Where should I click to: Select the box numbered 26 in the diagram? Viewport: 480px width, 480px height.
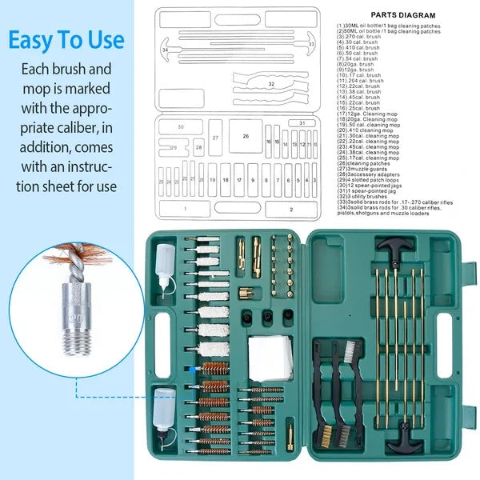tap(246, 136)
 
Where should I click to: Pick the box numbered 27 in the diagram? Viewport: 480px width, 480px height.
tap(215, 138)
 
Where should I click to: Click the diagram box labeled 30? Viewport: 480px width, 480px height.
tap(180, 127)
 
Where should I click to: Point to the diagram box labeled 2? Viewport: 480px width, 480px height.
tap(290, 209)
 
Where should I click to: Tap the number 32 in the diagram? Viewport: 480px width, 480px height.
tap(271, 83)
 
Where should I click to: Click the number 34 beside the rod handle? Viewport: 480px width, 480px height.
tap(165, 50)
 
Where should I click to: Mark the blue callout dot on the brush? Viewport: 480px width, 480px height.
tap(191, 367)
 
